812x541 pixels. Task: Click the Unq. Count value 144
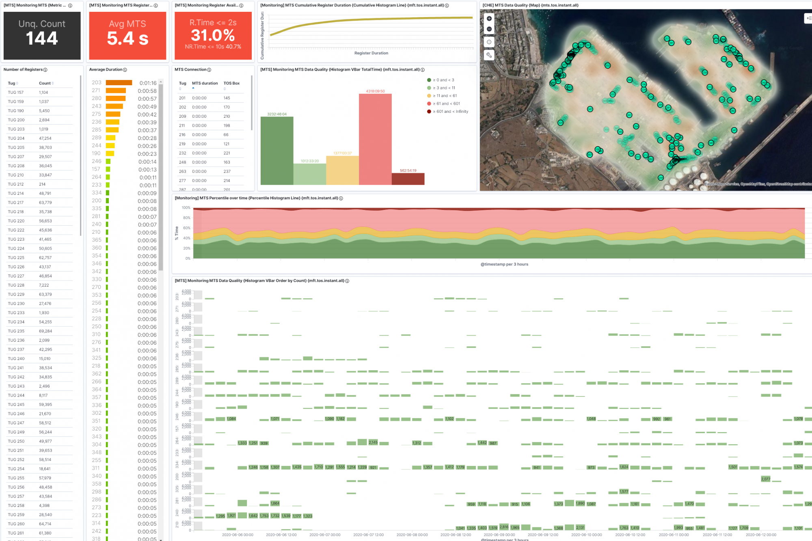[x=42, y=39]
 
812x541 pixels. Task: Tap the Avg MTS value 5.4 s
[x=127, y=39]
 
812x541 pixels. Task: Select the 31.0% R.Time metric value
[x=213, y=35]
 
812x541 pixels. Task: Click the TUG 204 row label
[x=16, y=138]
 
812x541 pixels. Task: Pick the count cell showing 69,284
[x=45, y=331]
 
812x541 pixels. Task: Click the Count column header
[x=45, y=83]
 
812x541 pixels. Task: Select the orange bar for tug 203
[x=119, y=83]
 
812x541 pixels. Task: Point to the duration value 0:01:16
[x=148, y=83]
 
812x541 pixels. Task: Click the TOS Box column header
[x=231, y=83]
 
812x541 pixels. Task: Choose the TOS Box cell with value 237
[x=227, y=171]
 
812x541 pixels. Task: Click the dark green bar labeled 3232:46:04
[x=277, y=150]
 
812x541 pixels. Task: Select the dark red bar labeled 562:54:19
[x=408, y=179]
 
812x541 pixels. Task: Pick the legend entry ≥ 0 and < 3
[x=443, y=80]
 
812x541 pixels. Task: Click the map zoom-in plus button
[x=489, y=19]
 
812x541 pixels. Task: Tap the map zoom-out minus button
[x=489, y=29]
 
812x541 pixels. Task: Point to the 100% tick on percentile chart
[x=186, y=208]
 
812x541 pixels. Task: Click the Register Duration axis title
[x=371, y=53]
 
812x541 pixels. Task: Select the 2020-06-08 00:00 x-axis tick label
[x=412, y=535]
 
